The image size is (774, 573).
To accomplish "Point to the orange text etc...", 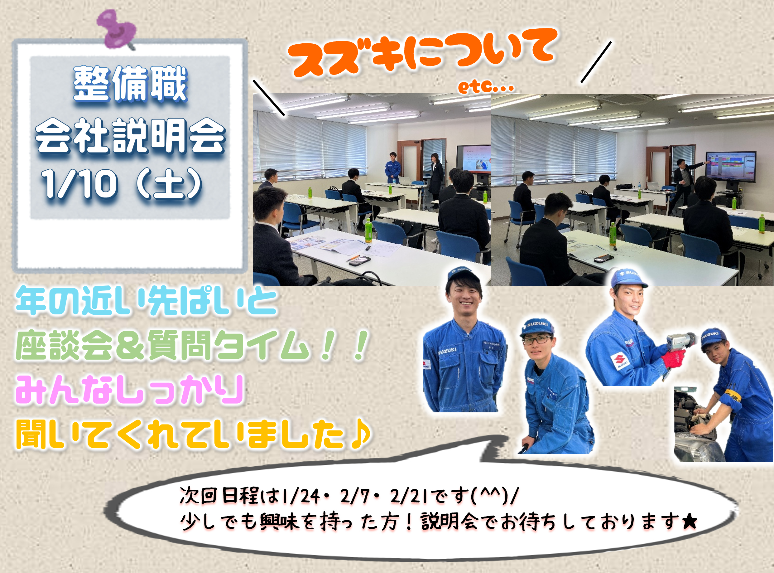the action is point(486,86).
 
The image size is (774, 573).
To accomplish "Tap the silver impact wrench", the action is point(680,340).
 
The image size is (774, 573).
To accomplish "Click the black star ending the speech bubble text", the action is point(690,521).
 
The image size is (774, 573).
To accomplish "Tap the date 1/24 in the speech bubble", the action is point(301,496).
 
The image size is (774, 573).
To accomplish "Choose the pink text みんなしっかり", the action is point(130,390).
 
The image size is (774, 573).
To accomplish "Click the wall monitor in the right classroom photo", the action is point(731,166).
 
